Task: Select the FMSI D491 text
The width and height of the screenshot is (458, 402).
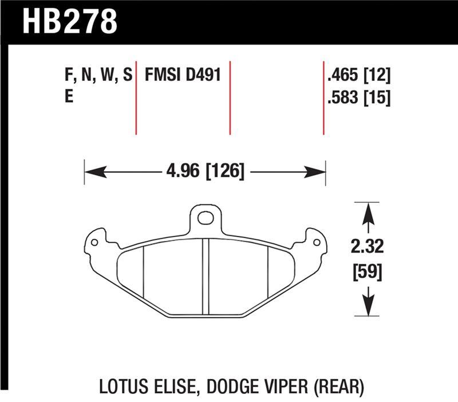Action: (183, 75)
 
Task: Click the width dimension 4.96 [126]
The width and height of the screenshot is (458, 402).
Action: (205, 171)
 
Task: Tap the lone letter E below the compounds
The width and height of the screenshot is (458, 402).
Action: (69, 97)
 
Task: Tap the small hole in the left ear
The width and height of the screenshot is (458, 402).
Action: (94, 242)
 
